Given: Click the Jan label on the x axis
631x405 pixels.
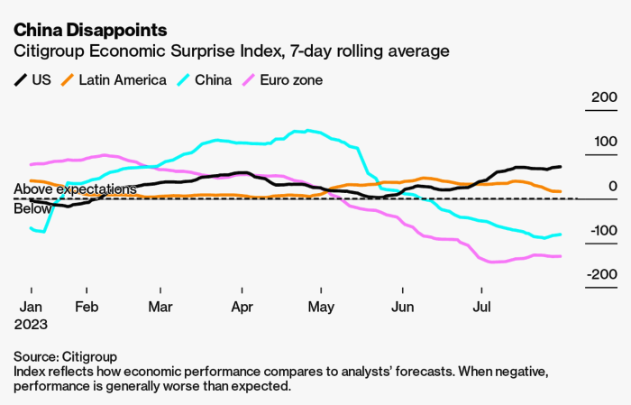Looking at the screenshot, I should click(31, 306).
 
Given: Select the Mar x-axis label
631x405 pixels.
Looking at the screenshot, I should click(160, 306).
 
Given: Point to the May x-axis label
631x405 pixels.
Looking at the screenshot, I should click(321, 306).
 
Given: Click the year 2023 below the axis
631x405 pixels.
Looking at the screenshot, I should click(31, 323).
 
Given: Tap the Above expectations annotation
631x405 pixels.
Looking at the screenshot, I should click(75, 189).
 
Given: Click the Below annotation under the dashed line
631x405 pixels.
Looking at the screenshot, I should click(32, 208).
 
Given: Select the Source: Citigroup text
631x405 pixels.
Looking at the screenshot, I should click(66, 356).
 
